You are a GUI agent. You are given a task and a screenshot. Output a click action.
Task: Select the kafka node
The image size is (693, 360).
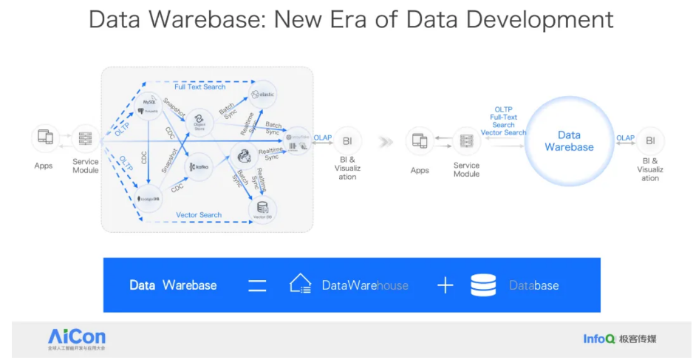[198, 166]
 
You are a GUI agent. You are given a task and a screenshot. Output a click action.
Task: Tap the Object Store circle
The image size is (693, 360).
[198, 121]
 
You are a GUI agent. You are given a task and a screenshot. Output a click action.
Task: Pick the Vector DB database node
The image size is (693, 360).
[262, 209]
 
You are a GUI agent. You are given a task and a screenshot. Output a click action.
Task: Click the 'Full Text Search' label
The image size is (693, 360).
[199, 87]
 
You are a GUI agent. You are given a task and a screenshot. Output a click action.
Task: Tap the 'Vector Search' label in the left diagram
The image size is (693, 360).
[199, 215]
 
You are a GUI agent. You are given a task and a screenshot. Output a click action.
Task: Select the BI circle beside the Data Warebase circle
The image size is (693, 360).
[650, 140]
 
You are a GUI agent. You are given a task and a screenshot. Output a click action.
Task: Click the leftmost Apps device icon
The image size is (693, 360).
[44, 137]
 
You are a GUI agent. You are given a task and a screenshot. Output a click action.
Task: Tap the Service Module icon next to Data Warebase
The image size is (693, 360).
[466, 140]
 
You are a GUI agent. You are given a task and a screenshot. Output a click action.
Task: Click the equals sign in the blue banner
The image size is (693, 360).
[256, 285]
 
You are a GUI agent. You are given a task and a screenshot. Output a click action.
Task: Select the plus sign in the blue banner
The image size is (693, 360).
[445, 285]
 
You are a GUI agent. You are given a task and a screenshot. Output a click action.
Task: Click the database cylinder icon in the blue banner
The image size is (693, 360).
[483, 285]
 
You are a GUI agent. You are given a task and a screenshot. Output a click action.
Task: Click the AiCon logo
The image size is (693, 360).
[77, 338]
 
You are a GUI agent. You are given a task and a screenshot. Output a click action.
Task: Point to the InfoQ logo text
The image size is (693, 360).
[598, 339]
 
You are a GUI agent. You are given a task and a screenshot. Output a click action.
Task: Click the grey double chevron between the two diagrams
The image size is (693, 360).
[385, 141]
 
